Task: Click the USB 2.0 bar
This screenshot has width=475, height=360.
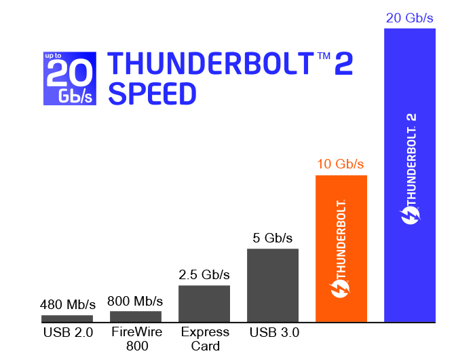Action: [66, 319]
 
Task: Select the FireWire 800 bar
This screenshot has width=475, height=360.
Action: [136, 317]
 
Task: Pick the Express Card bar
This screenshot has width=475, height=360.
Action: [204, 304]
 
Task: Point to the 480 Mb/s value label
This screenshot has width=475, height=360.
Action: [68, 304]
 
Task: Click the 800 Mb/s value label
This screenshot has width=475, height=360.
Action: [136, 300]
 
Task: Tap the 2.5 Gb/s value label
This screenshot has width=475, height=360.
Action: [204, 275]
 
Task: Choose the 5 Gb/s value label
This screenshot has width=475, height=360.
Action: [273, 238]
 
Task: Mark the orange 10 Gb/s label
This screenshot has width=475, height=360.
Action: [341, 164]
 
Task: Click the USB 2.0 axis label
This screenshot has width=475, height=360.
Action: [66, 332]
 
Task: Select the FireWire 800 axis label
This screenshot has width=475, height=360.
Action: [136, 339]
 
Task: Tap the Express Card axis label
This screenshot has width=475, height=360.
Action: [205, 339]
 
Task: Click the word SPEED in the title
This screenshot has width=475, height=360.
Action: [152, 94]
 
